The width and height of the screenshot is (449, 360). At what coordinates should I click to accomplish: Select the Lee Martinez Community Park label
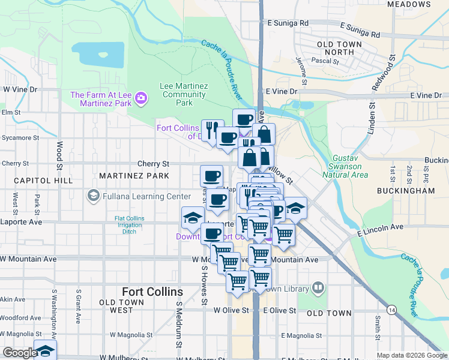[x=184, y=94]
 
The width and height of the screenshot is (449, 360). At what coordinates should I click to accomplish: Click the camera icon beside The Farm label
[x=141, y=97]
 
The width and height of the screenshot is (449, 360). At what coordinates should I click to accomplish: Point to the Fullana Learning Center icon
[x=93, y=196]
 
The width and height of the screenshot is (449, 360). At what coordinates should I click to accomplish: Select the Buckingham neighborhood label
[x=406, y=190]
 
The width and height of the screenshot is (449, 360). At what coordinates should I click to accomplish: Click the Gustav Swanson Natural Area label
[x=349, y=166]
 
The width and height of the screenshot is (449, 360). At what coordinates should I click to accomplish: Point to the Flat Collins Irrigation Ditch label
[x=137, y=225]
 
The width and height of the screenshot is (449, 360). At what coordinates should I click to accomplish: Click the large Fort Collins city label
[x=152, y=292]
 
